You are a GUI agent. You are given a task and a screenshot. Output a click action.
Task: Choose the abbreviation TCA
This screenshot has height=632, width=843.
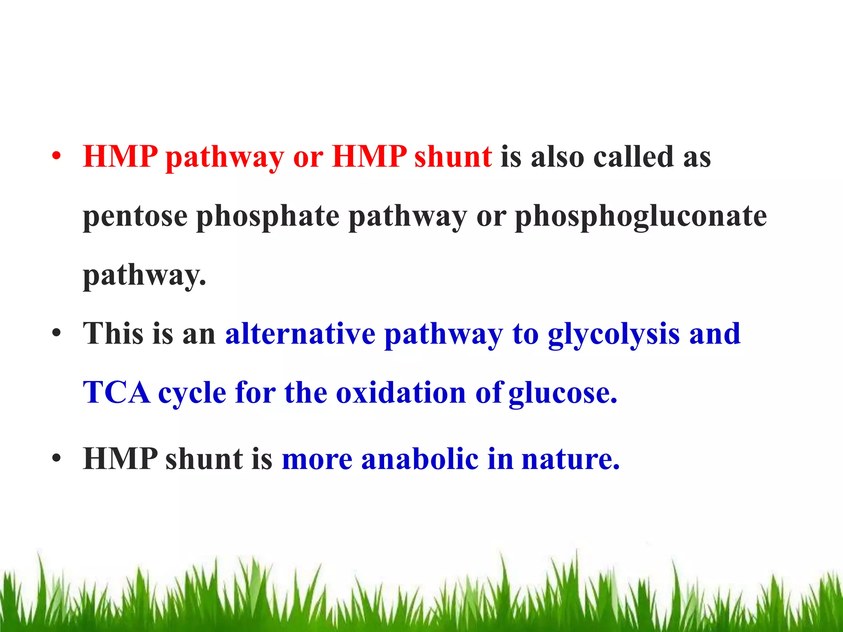(x=116, y=392)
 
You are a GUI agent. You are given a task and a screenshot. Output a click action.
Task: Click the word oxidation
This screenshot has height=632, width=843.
(x=401, y=392)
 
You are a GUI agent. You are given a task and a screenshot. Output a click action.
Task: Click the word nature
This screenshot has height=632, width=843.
(x=570, y=459)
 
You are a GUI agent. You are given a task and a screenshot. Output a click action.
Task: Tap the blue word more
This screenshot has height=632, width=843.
(x=317, y=459)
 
